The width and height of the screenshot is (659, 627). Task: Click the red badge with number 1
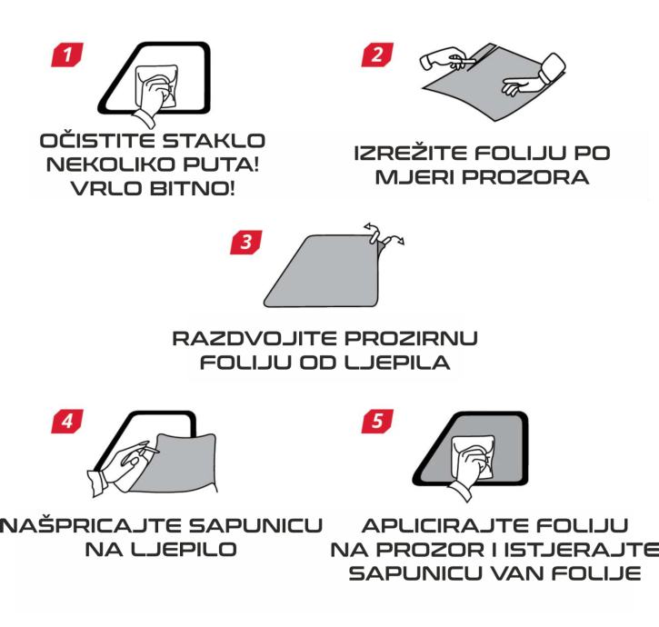pyautogui.click(x=67, y=55)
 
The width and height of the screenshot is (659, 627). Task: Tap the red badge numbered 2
pyautogui.click(x=377, y=55)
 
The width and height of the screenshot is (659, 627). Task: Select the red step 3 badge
pyautogui.click(x=245, y=242)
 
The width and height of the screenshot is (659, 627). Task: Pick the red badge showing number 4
pyautogui.click(x=67, y=421)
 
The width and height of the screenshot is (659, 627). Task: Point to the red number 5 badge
pyautogui.click(x=377, y=421)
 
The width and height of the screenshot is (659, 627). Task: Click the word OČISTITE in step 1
pyautogui.click(x=98, y=140)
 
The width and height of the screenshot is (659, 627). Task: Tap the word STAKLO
pyautogui.click(x=214, y=140)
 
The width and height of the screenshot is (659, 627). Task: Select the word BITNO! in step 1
pyautogui.click(x=192, y=188)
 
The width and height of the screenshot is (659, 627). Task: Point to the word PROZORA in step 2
pyautogui.click(x=525, y=177)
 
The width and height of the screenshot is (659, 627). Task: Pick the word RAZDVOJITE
pyautogui.click(x=255, y=338)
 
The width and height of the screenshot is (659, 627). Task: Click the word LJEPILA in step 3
pyautogui.click(x=397, y=363)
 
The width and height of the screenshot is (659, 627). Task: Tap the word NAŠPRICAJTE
pyautogui.click(x=90, y=525)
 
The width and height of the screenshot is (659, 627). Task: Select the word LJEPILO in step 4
pyautogui.click(x=185, y=549)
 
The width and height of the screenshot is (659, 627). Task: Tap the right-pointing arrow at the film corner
pyautogui.click(x=395, y=240)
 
